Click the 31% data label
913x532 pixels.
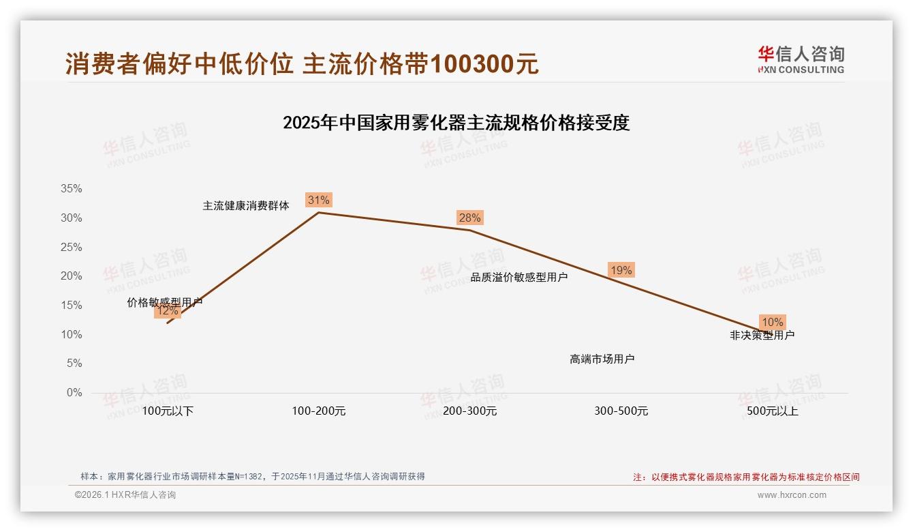point(318,200)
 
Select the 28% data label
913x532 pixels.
point(469,218)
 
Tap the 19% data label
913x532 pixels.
point(621,270)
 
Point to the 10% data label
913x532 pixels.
point(772,322)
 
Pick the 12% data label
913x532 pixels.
point(167,311)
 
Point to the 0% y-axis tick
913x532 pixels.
point(74,393)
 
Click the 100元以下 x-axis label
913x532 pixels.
point(168,411)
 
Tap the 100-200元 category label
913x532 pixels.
point(319,411)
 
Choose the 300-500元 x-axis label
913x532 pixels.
point(621,411)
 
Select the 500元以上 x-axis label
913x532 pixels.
point(772,411)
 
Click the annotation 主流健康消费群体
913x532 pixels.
point(246,205)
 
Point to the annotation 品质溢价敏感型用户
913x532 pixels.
point(519,277)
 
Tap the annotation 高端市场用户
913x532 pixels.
point(602,359)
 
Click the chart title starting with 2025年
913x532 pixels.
point(456,123)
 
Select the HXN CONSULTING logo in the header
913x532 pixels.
point(801,59)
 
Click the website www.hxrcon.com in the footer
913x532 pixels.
point(792,495)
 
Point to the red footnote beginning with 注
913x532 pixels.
point(746,477)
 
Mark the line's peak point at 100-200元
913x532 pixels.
point(319,212)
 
